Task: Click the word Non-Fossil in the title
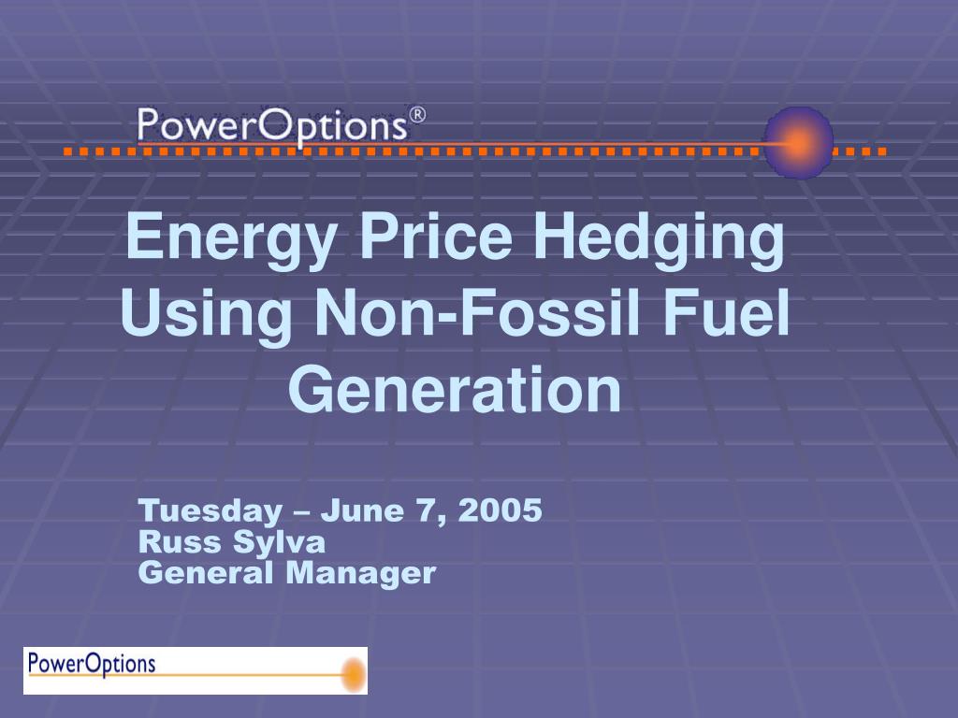click(x=476, y=312)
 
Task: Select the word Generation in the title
click(x=456, y=390)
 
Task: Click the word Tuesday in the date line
click(x=210, y=510)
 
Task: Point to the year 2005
click(x=500, y=510)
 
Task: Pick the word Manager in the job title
click(x=360, y=574)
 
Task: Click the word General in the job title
click(x=205, y=573)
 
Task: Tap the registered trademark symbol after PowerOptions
click(x=416, y=115)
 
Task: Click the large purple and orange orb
click(x=799, y=143)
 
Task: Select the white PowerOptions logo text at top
click(x=272, y=126)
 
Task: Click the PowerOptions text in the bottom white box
click(x=92, y=664)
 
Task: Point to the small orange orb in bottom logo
click(x=355, y=675)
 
